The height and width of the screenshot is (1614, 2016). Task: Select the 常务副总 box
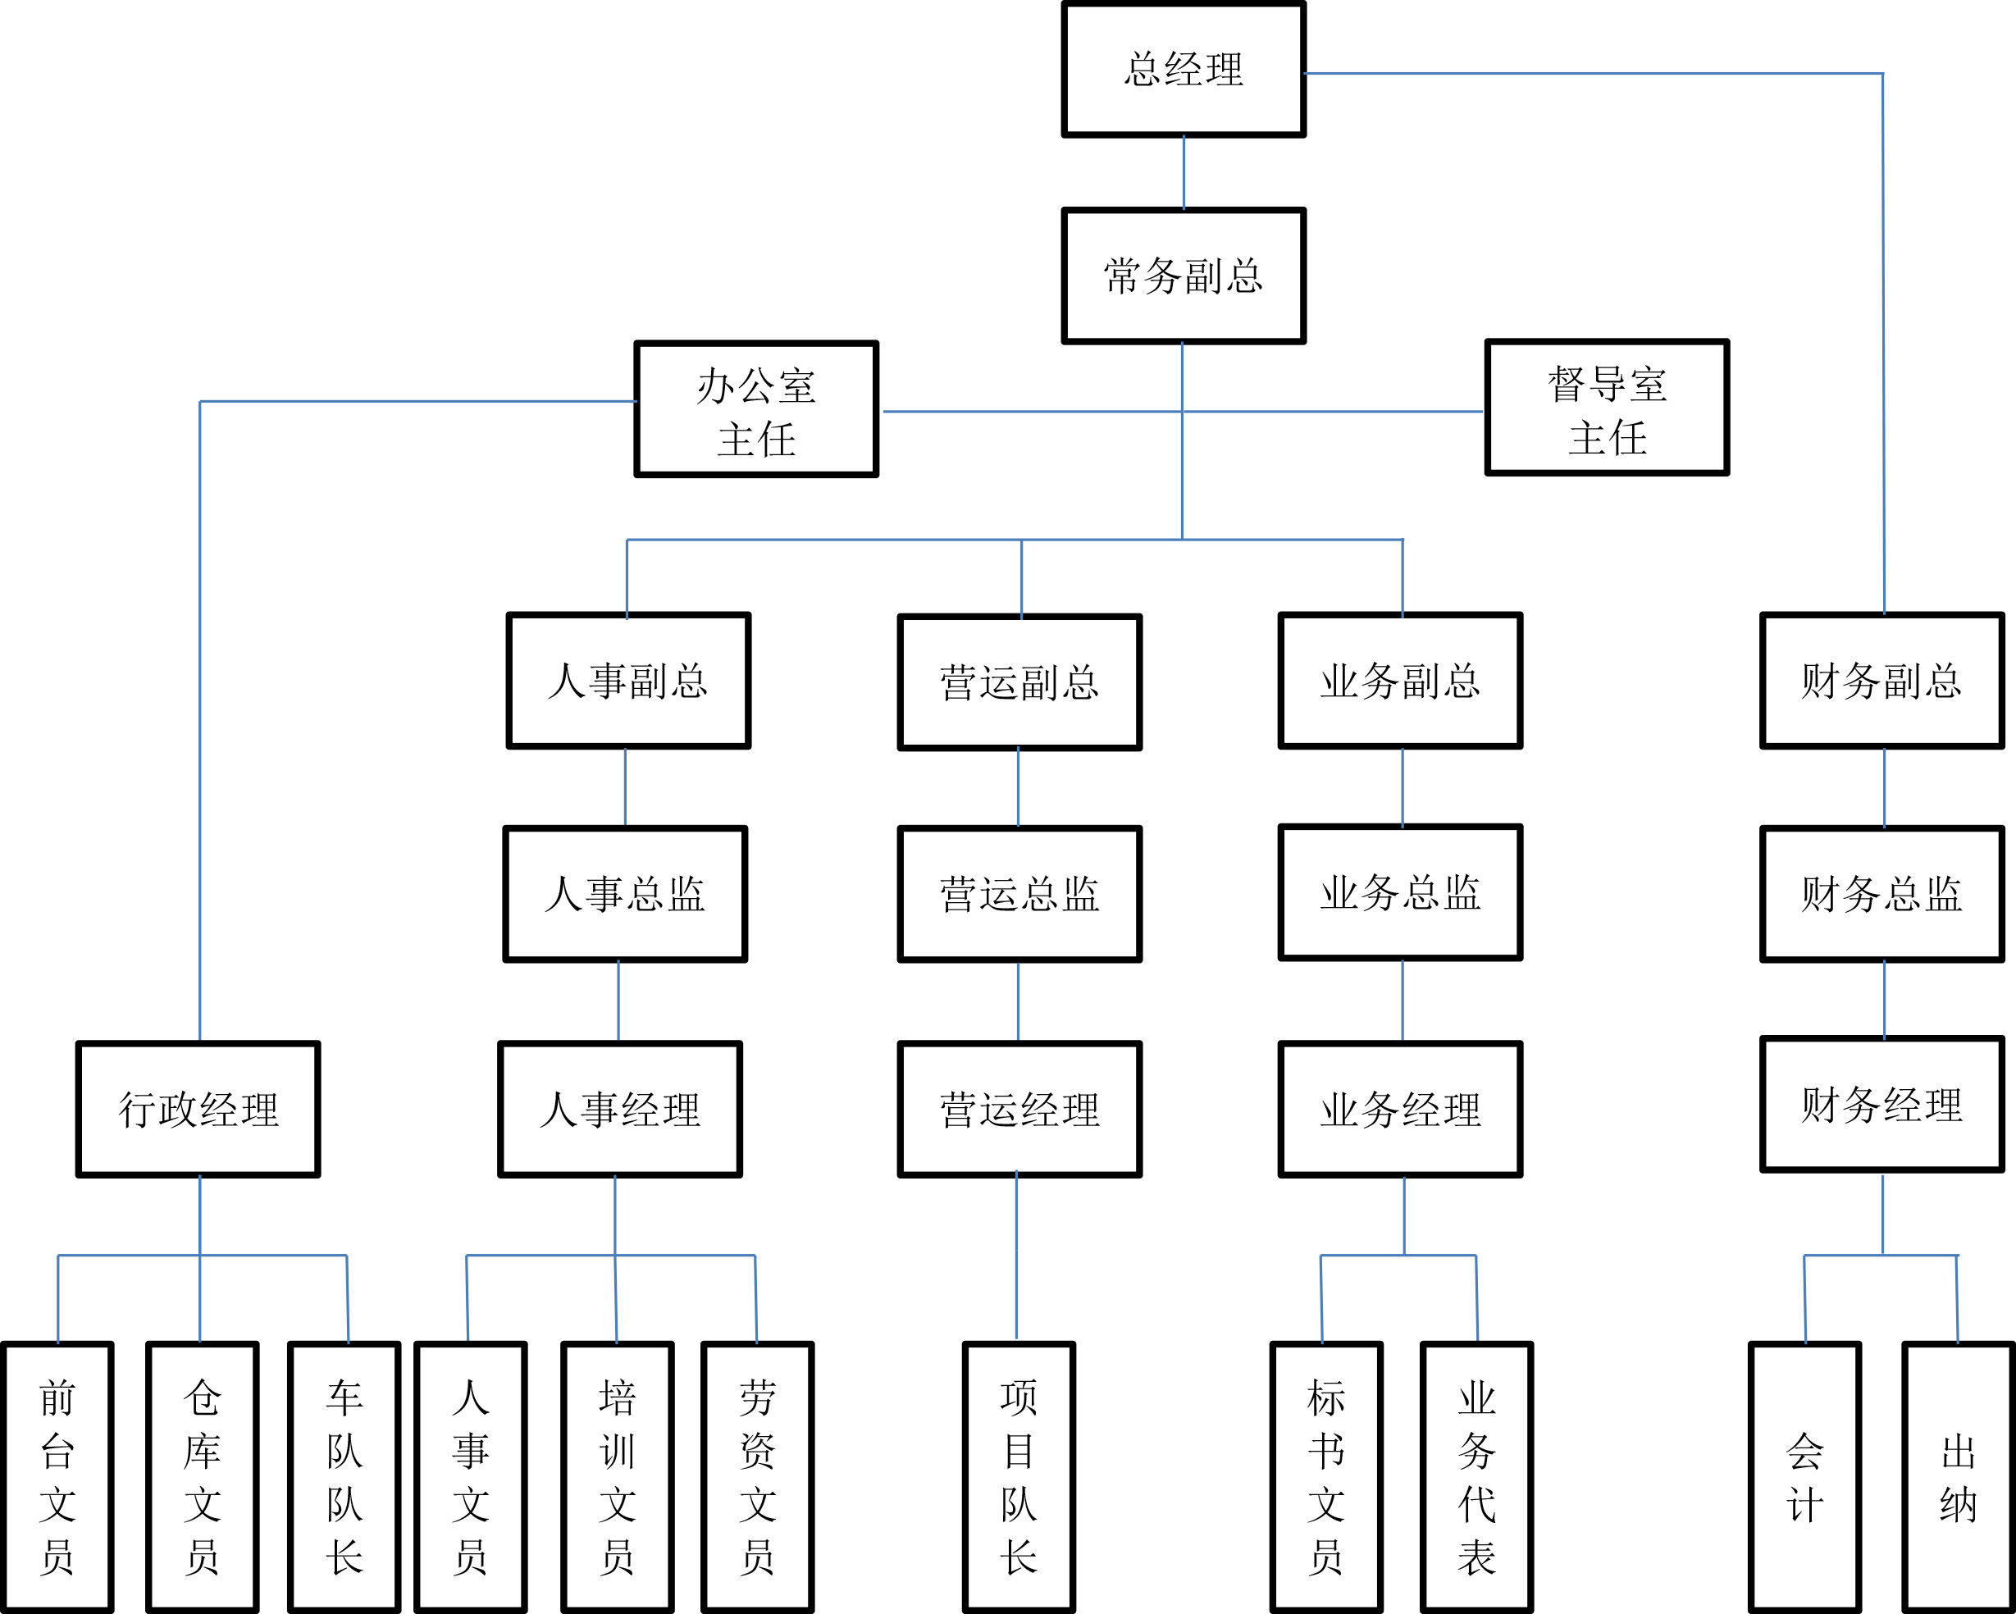point(1183,276)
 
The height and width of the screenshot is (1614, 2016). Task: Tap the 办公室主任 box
point(755,409)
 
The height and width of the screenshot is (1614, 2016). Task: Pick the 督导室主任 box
point(1607,408)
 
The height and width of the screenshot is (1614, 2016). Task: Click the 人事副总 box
point(628,681)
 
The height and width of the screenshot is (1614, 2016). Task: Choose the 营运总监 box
point(1019,894)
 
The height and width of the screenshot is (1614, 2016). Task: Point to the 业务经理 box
point(1400,1109)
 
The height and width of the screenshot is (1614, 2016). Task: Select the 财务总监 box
point(1882,894)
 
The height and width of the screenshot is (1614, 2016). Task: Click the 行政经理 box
point(198,1109)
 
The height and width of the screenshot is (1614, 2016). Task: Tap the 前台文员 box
point(57,1478)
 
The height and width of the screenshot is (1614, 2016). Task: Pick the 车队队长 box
point(344,1478)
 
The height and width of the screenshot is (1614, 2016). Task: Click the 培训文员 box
point(617,1478)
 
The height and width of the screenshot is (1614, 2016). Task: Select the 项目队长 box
point(1019,1478)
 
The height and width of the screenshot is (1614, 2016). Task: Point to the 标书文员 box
point(1326,1478)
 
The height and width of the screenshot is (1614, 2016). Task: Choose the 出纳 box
point(1958,1478)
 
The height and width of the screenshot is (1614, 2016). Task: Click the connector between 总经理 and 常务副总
point(1184,173)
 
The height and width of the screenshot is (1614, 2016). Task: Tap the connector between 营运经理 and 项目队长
point(1016,1258)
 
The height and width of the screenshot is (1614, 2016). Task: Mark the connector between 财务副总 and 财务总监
point(1884,787)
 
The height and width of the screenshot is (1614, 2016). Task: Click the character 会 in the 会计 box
point(1804,1452)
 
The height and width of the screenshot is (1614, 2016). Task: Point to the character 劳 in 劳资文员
point(757,1399)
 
